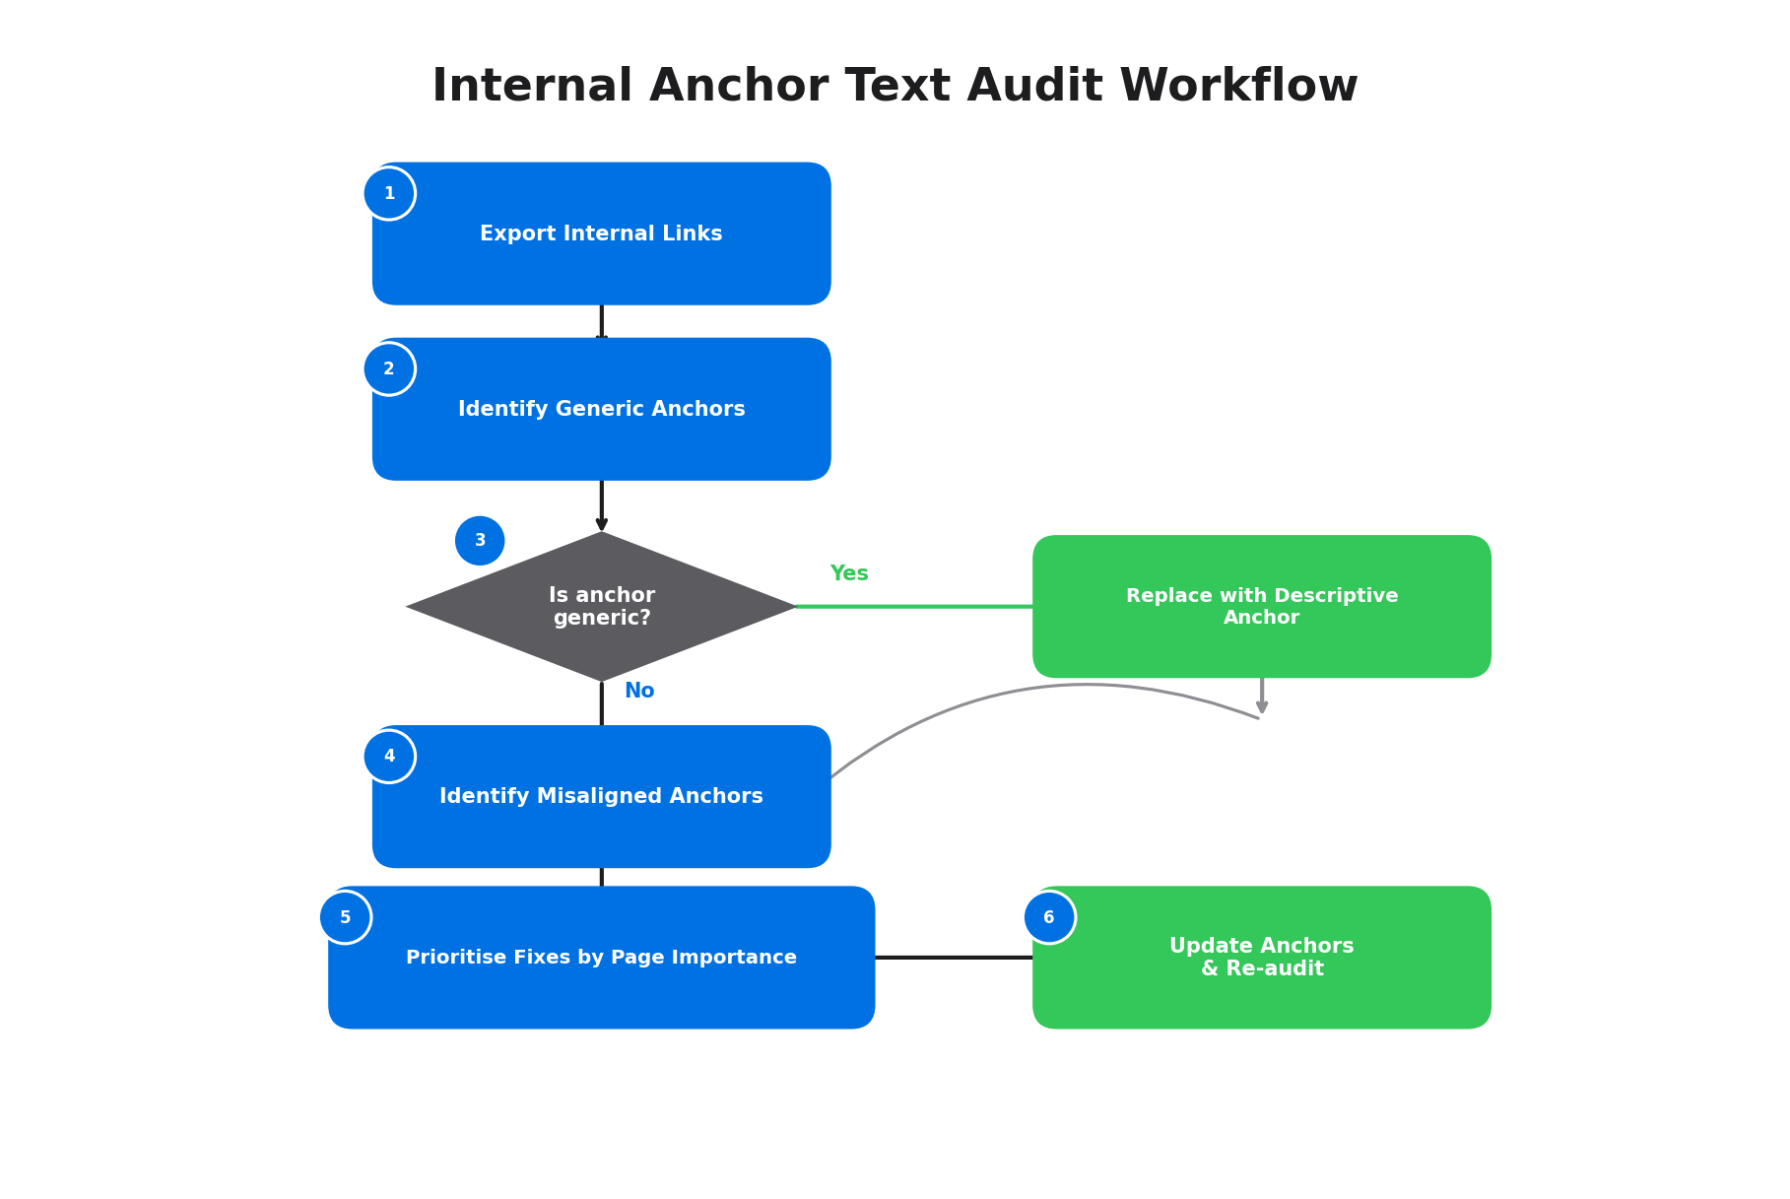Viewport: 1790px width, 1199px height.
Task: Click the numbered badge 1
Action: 389,194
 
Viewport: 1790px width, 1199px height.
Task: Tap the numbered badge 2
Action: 389,369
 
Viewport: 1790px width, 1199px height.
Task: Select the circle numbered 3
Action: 480,541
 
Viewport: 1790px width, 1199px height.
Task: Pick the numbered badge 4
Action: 389,757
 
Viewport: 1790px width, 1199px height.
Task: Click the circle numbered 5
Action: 345,917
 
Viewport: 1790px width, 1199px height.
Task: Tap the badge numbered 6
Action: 1049,917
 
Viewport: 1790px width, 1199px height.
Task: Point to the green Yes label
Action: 849,573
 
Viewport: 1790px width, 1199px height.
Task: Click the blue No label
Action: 639,691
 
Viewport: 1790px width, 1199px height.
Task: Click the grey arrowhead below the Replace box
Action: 1262,707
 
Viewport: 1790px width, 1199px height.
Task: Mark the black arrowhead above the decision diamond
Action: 602,524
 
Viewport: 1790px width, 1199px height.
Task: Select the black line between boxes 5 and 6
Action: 953,957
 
